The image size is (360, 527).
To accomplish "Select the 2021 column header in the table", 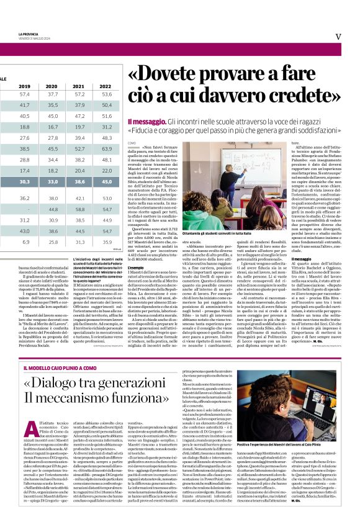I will pyautogui.click(x=79, y=86).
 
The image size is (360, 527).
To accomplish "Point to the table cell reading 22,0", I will pyautogui.click(x=107, y=170).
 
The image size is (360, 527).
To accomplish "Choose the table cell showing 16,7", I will pyautogui.click(x=53, y=127).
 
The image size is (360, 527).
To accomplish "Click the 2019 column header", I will pyautogui.click(x=25, y=86).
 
